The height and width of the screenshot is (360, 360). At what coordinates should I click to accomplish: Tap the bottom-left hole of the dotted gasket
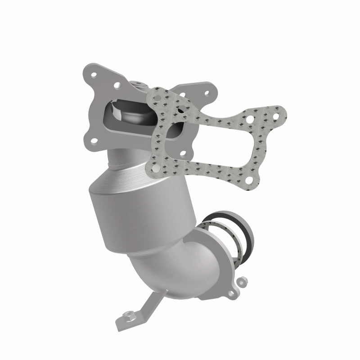click(x=156, y=170)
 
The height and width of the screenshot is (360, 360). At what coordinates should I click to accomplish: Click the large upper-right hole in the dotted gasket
click(x=249, y=119)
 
